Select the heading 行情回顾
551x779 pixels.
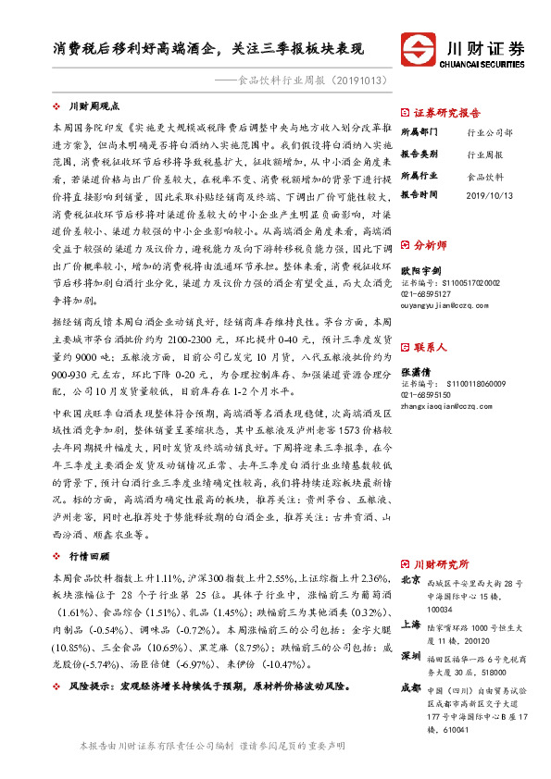click(x=90, y=556)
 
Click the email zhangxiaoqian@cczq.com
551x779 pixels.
click(x=441, y=404)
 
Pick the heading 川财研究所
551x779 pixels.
click(x=441, y=563)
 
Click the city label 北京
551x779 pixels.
click(x=409, y=581)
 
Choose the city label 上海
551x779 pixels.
click(x=409, y=624)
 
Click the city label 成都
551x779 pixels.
click(x=409, y=688)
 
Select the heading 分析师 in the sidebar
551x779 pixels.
click(x=431, y=246)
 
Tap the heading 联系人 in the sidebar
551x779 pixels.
click(x=431, y=348)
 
